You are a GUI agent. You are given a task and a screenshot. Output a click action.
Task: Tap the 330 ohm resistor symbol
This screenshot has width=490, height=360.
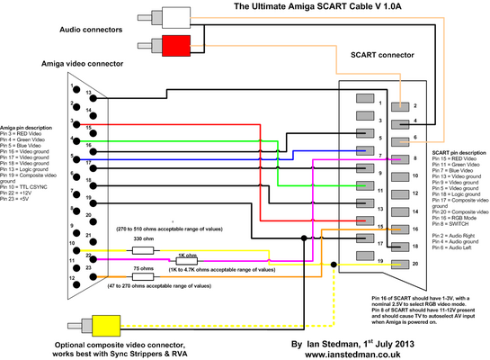[x=149, y=250]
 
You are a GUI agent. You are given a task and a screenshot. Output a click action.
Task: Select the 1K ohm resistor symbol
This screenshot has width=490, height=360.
[x=187, y=261]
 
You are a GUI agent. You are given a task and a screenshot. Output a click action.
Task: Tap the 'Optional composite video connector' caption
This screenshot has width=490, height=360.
[x=135, y=345]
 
